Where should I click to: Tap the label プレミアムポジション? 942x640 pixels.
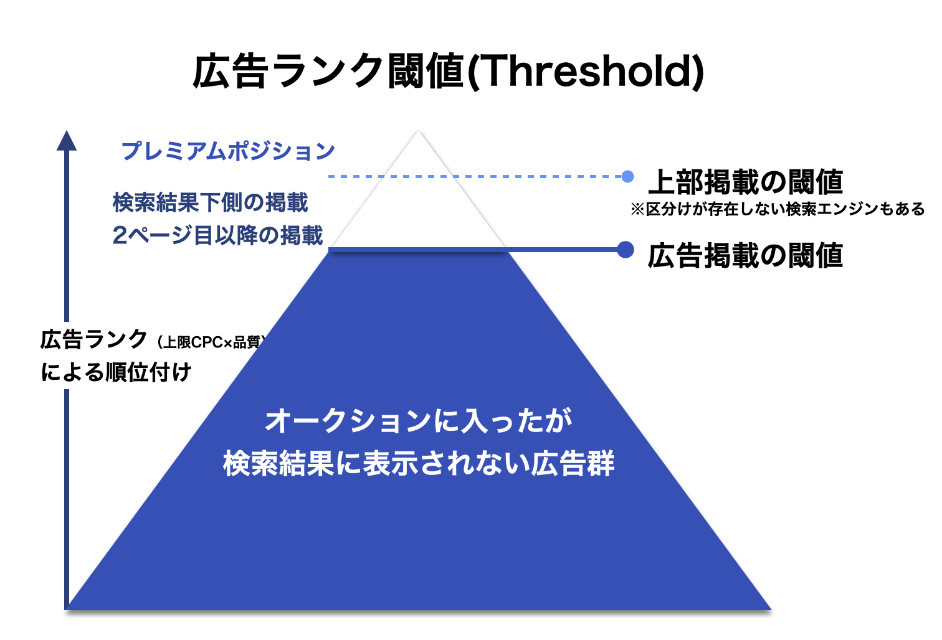point(228,151)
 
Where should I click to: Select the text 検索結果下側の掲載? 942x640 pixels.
point(211,203)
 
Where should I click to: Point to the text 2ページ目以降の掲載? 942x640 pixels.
point(218,236)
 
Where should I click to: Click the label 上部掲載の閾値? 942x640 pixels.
point(745,182)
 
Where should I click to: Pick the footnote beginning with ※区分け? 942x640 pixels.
point(778,209)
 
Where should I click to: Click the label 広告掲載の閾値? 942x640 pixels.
point(745,256)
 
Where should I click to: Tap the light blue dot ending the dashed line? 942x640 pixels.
point(627,177)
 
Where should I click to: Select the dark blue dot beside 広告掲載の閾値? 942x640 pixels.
point(626,250)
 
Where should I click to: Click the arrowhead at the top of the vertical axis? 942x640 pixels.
point(67,141)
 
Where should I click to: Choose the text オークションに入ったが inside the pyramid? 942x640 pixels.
point(419,421)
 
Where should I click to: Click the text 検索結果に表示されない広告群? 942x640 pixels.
point(419,464)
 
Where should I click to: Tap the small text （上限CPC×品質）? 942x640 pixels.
point(211,342)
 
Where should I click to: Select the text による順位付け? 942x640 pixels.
point(117,373)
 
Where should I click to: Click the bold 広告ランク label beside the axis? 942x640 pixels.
point(93,340)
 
